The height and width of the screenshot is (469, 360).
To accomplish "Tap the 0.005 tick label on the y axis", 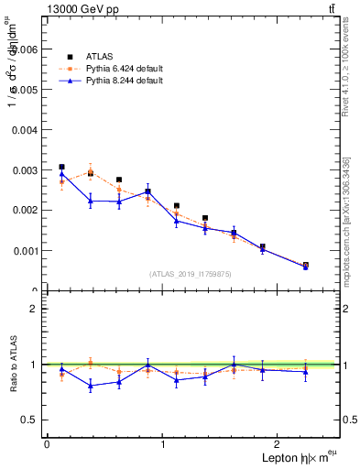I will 24,90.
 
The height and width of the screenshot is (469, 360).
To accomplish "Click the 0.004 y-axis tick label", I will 24,130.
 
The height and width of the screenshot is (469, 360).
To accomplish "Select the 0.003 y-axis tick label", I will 24,170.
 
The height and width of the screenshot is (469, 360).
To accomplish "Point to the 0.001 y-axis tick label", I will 24,250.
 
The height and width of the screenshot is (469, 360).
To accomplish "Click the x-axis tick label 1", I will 163,444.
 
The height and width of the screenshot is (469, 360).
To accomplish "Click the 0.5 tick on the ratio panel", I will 30,420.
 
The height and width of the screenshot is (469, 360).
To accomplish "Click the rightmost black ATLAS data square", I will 306,265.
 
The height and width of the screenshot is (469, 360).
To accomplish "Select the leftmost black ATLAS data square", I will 61,167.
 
